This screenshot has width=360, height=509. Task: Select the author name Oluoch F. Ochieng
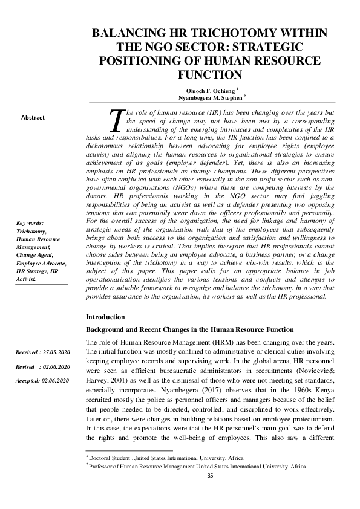coord(207,89)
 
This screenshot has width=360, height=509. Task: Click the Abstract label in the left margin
coord(33,118)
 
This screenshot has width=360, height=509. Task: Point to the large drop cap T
coord(117,121)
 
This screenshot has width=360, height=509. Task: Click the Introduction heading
coord(105,317)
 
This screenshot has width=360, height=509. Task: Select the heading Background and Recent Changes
coord(190,329)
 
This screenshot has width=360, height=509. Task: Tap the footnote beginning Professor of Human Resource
coord(196,467)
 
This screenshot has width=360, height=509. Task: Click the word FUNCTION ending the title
coord(210,74)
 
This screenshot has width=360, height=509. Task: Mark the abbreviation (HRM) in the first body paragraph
coord(218,342)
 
